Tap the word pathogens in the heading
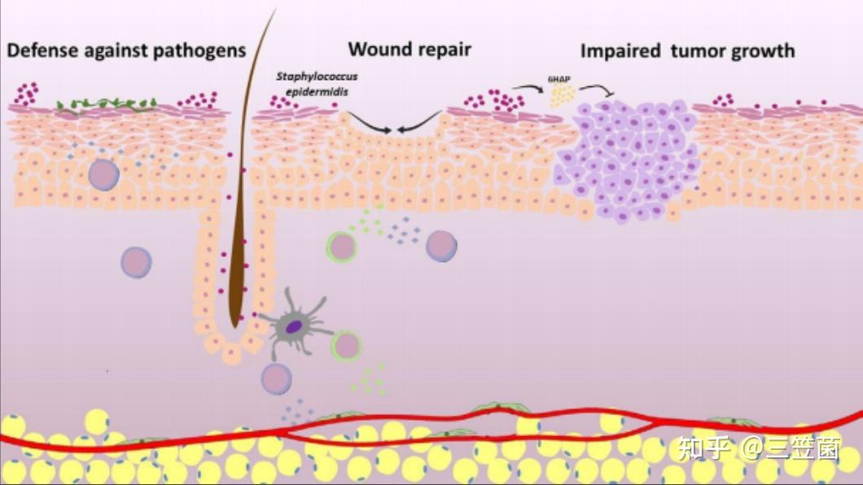pos(203,51)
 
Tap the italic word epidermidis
pos(317,92)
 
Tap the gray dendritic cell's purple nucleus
pos(294,327)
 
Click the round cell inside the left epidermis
pos(104,175)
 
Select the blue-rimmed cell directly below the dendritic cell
pos(276,378)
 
